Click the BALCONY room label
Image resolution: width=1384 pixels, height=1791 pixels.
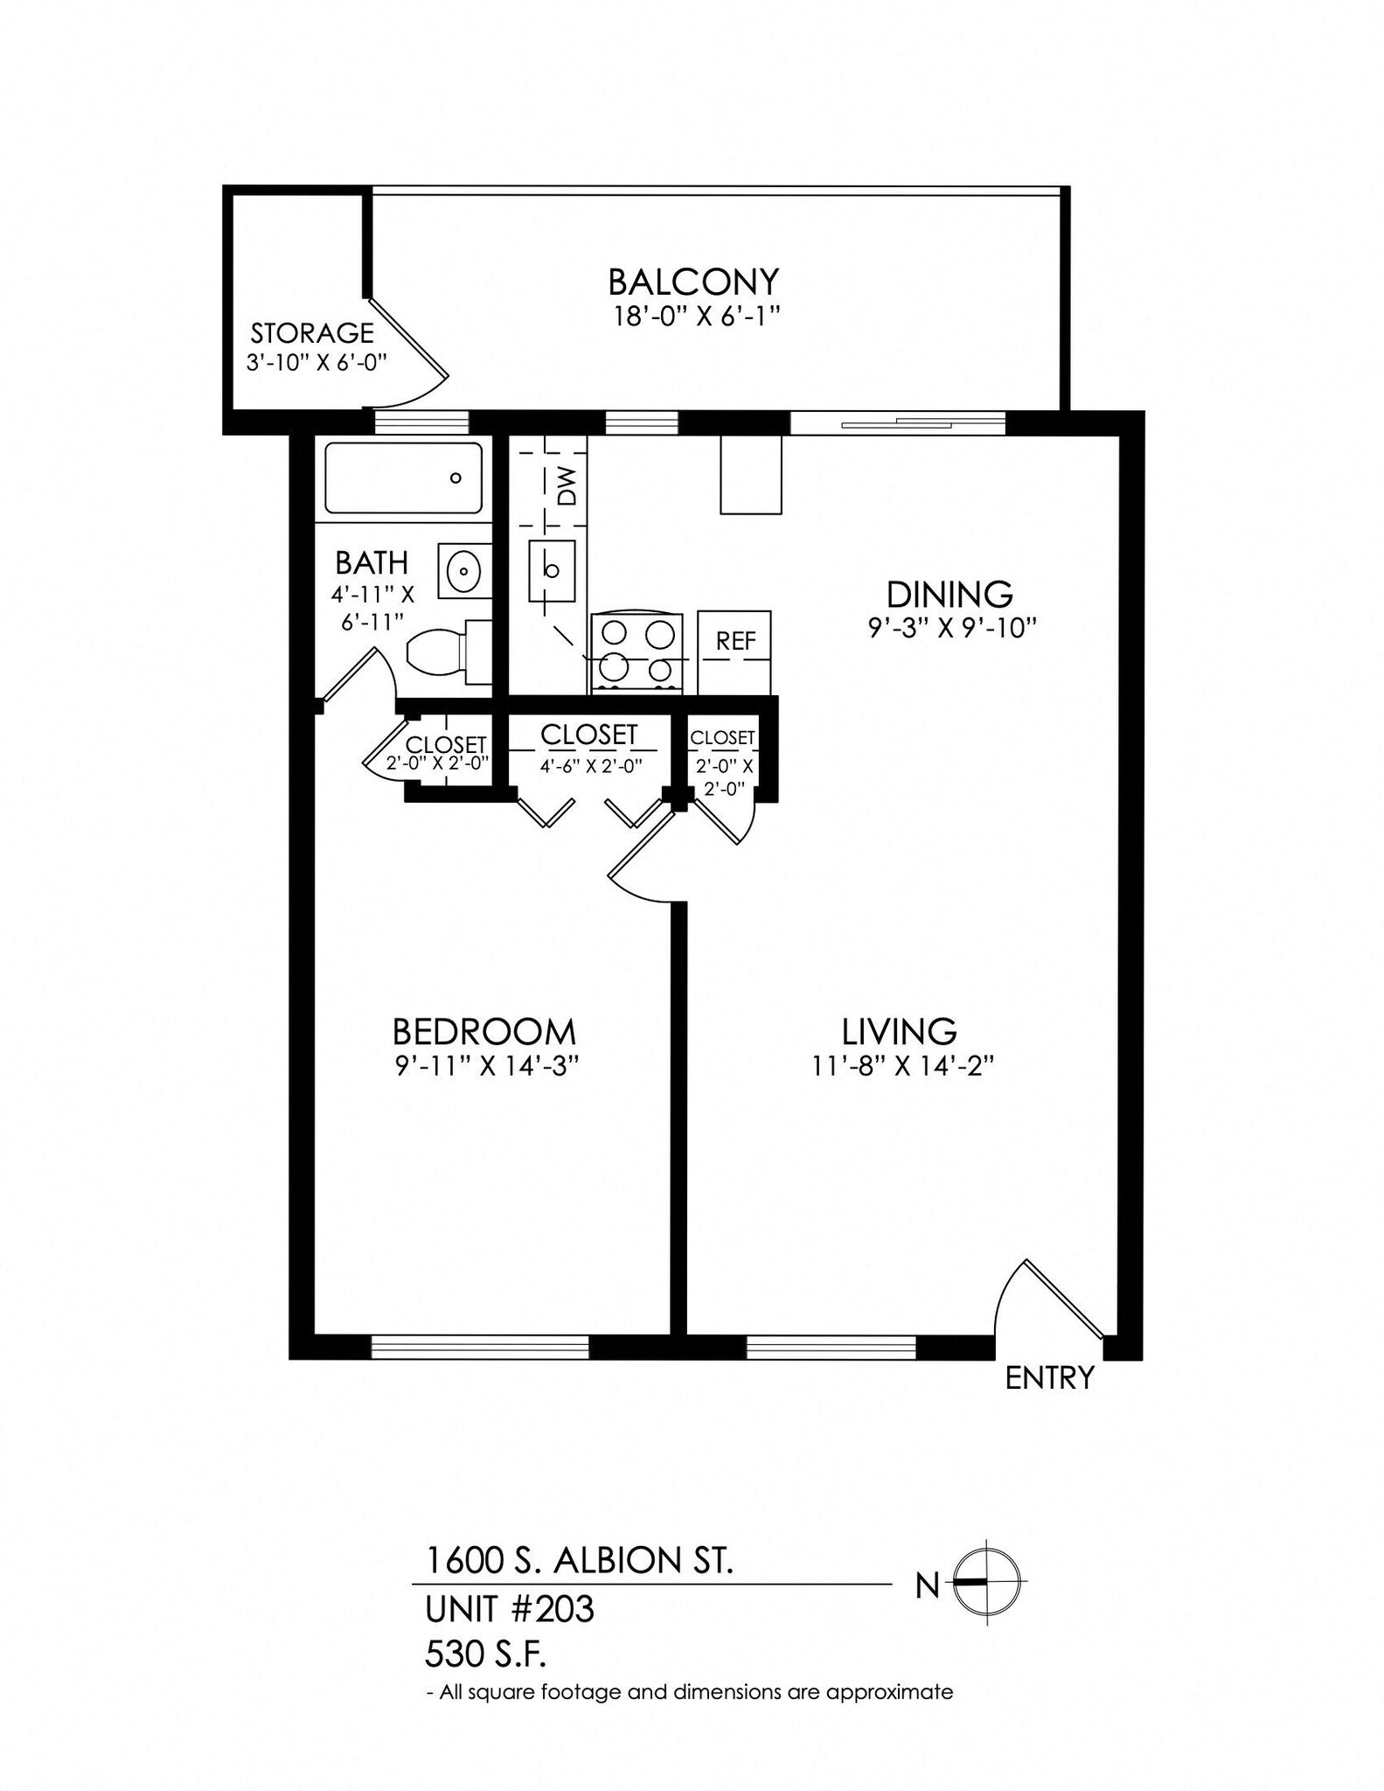[692, 282]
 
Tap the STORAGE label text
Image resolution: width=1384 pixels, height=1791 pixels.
[312, 333]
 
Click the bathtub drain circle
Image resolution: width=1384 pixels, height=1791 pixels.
[455, 478]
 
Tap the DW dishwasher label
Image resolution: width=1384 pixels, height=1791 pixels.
[567, 486]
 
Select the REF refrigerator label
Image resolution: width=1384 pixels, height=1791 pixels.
[735, 641]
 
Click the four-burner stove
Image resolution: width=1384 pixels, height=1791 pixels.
[636, 652]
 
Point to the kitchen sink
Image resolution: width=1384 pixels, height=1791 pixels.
[552, 570]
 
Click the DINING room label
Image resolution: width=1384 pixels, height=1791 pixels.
[949, 595]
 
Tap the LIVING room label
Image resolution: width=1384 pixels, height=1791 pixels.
[899, 1032]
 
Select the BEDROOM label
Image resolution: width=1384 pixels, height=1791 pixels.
[483, 1033]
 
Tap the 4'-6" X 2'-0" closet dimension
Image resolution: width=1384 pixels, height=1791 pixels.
[591, 766]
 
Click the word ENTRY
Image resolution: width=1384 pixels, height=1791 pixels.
[1049, 1379]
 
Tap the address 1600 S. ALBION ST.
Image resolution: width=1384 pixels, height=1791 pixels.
[579, 1560]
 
